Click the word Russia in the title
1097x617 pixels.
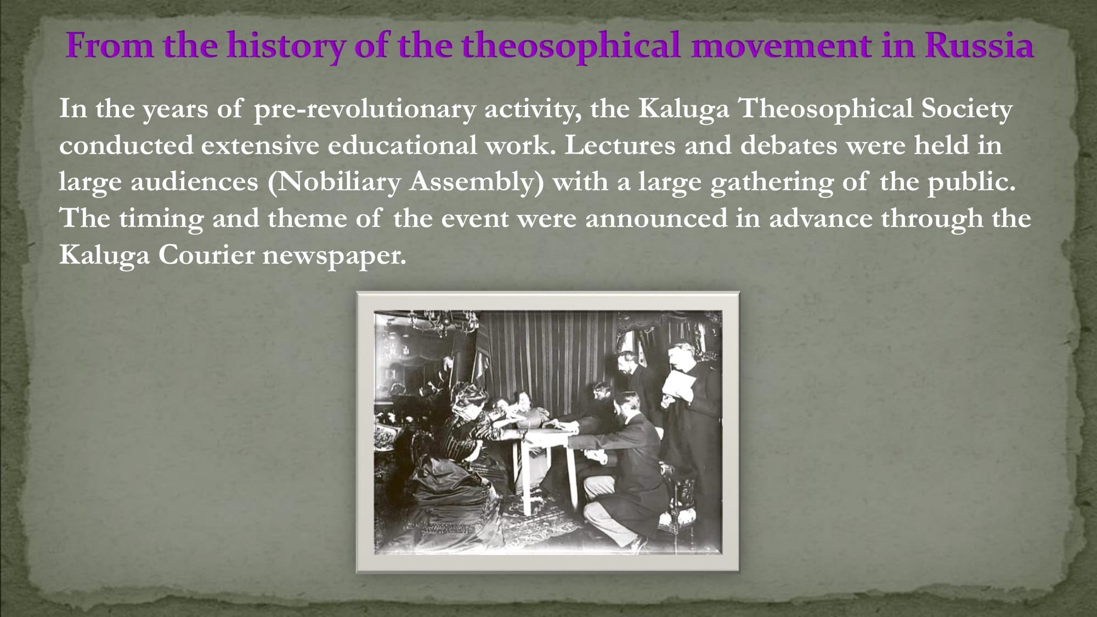(x=979, y=45)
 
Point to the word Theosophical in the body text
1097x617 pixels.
(x=825, y=109)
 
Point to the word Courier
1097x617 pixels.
(x=206, y=255)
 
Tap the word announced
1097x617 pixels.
(x=657, y=219)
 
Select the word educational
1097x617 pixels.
(x=402, y=145)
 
